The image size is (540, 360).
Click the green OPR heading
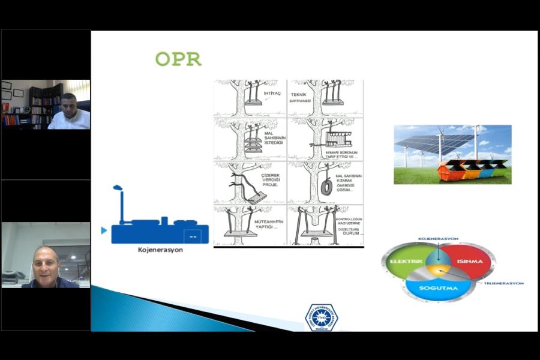178,59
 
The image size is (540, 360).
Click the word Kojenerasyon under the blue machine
159,250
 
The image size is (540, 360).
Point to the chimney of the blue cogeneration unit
121,204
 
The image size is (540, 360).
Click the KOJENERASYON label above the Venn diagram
438,239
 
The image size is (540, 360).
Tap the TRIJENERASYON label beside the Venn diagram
503,283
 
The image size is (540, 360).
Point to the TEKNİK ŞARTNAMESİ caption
303,97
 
